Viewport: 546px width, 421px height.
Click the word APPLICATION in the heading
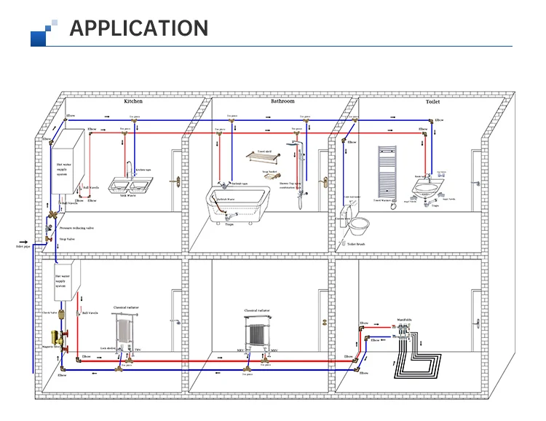(x=138, y=28)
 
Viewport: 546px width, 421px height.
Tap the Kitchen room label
(x=133, y=101)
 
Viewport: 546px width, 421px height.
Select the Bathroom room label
(x=282, y=101)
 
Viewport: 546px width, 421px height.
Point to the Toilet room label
(x=432, y=102)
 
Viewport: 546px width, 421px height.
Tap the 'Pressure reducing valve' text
(x=76, y=228)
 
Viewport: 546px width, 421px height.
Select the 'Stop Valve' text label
(x=67, y=238)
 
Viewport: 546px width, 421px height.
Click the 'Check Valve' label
(x=50, y=312)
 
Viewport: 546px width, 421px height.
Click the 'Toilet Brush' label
(x=357, y=244)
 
